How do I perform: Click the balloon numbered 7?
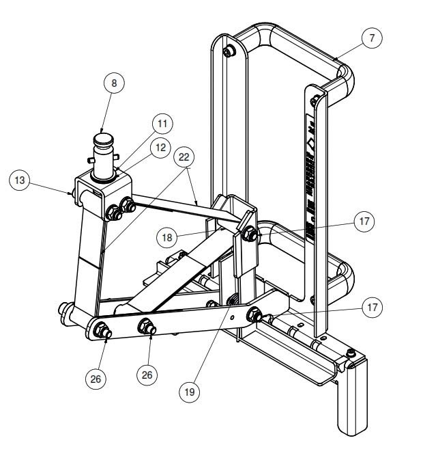pyautogui.click(x=370, y=38)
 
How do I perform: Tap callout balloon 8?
pyautogui.click(x=115, y=83)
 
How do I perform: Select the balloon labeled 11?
pyautogui.click(x=162, y=124)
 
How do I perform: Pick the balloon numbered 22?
pyautogui.click(x=184, y=158)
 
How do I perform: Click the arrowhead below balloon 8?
pyautogui.click(x=102, y=131)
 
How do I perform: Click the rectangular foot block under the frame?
pyautogui.click(x=353, y=400)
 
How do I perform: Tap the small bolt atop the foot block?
pyautogui.click(x=350, y=353)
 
